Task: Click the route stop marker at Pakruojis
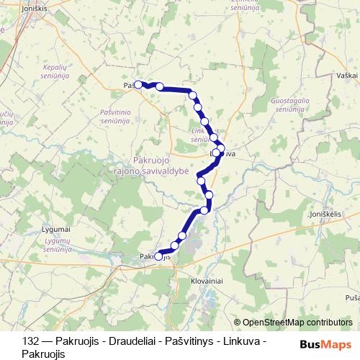159,256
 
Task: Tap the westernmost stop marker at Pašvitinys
137,83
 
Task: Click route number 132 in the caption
30,342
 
